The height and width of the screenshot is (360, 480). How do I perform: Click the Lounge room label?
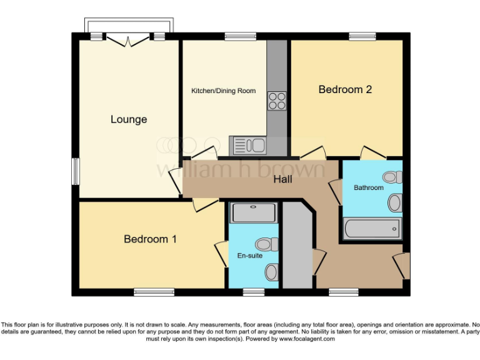coord(129,119)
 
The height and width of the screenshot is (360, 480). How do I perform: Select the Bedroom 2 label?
coord(345,89)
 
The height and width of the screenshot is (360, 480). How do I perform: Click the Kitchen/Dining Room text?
coord(223,91)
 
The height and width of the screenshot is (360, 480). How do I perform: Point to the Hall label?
coord(283,180)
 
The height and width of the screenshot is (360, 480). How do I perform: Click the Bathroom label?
coord(369,187)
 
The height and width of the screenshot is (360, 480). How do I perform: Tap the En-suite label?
coord(250,256)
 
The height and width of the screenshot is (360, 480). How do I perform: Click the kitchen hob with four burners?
coord(277,101)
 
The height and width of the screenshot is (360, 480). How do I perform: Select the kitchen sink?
coord(249,146)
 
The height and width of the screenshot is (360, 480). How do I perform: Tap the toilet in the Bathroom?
coord(393,177)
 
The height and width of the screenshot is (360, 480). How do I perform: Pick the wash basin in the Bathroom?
coord(395,202)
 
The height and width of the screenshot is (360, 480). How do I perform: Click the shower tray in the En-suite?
coord(253,213)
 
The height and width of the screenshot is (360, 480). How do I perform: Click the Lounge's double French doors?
coord(129,39)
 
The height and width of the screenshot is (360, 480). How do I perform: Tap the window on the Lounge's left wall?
coord(75,171)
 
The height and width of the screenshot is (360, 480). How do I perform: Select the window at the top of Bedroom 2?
coord(358,36)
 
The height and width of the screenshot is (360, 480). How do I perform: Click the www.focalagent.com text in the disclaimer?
coord(306,339)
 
